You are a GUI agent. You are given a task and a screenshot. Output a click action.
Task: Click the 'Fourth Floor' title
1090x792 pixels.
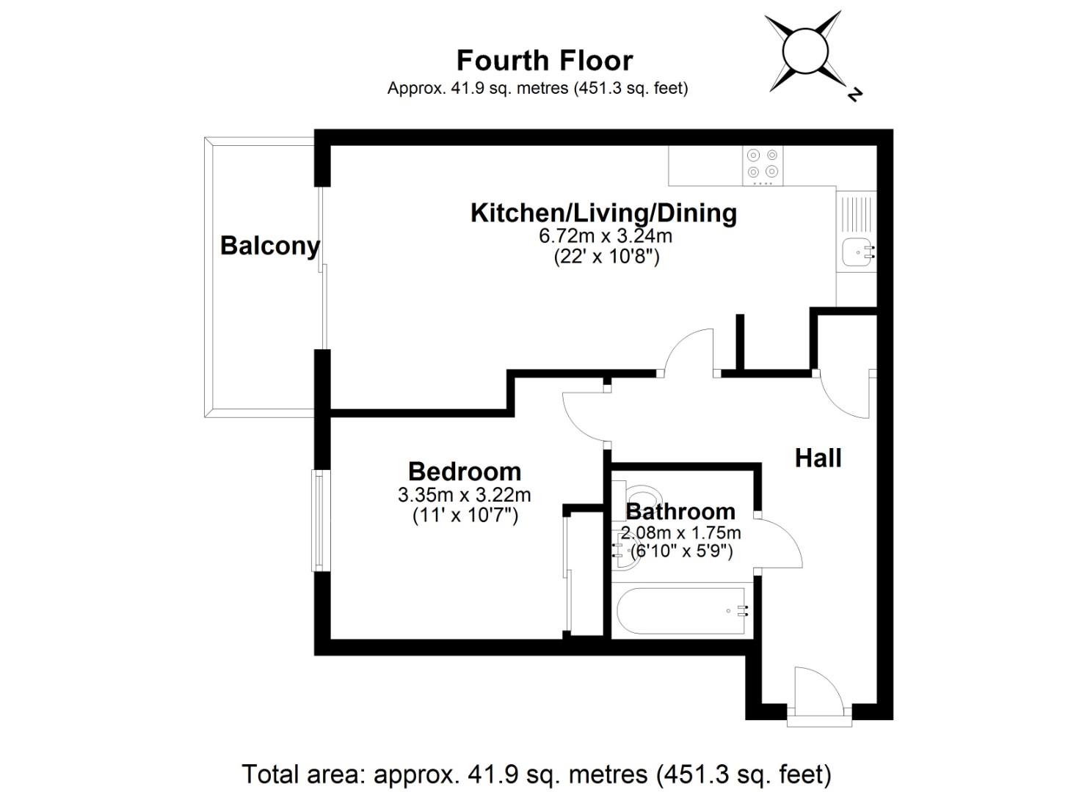pyautogui.click(x=544, y=60)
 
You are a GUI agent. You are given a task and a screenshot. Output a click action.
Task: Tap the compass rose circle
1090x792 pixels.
pyautogui.click(x=804, y=51)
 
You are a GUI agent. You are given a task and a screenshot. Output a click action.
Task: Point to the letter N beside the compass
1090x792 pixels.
pyautogui.click(x=854, y=94)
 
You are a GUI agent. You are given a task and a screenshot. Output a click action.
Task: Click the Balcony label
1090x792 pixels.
pyautogui.click(x=269, y=245)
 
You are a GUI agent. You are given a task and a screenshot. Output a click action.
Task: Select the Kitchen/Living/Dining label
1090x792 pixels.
pyautogui.click(x=603, y=213)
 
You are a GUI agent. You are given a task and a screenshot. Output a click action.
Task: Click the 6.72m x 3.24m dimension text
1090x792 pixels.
pyautogui.click(x=605, y=236)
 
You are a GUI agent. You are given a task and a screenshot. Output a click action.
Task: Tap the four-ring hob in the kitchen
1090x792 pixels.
pyautogui.click(x=762, y=165)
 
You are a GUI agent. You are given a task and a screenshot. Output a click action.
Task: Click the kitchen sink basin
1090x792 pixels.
pyautogui.click(x=856, y=252)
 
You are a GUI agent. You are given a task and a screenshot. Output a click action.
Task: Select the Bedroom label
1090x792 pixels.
pyautogui.click(x=464, y=471)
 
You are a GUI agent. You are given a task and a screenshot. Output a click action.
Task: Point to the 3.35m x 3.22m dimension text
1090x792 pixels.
pyautogui.click(x=464, y=495)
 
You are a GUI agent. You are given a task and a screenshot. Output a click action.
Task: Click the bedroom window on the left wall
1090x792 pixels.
pyautogui.click(x=319, y=521)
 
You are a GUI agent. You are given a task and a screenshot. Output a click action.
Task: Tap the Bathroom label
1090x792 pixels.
pyautogui.click(x=680, y=511)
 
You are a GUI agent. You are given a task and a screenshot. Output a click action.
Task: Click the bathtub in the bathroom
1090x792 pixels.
pyautogui.click(x=680, y=611)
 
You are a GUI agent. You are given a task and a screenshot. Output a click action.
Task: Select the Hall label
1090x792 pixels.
pyautogui.click(x=818, y=458)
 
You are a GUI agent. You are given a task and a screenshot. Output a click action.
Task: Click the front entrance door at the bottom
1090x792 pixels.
pyautogui.click(x=818, y=693)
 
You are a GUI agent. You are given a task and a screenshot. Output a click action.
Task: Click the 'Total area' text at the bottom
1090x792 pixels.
pyautogui.click(x=537, y=774)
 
